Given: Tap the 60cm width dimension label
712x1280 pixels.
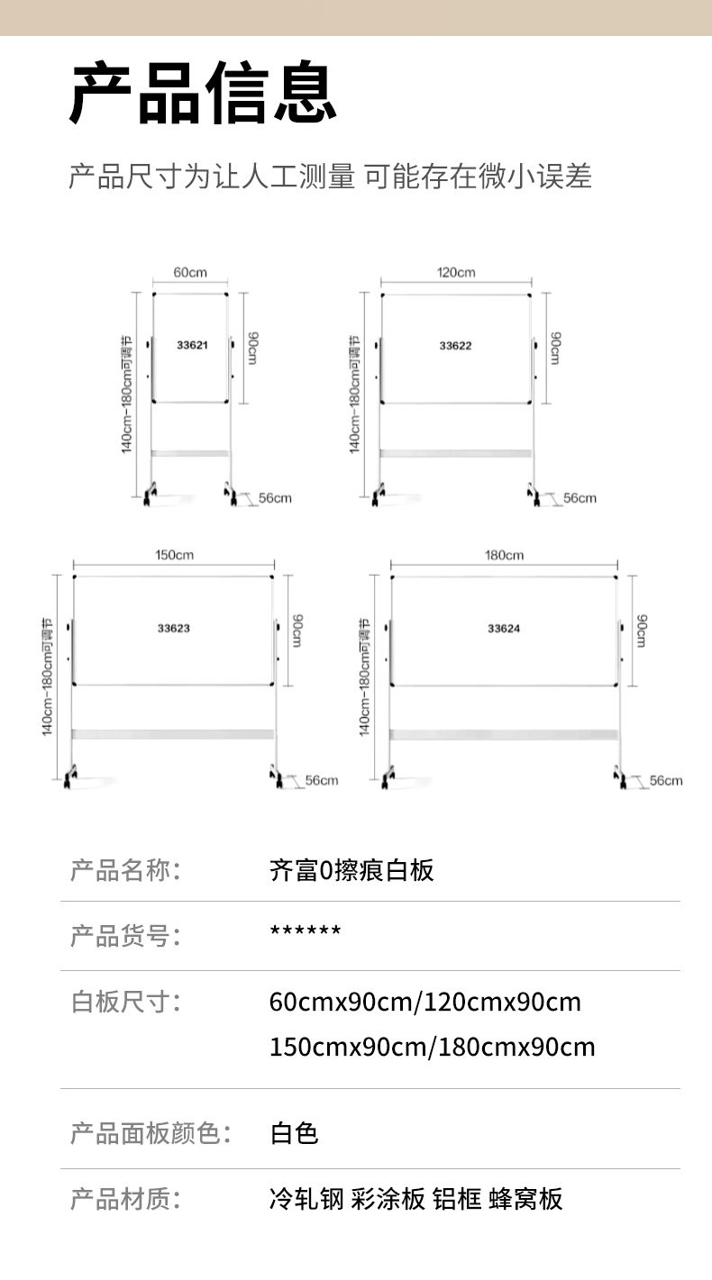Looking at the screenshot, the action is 190,272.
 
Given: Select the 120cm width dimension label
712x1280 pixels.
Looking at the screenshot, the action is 456,272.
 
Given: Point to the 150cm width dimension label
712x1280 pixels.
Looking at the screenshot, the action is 174,555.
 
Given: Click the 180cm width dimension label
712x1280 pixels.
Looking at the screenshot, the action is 504,555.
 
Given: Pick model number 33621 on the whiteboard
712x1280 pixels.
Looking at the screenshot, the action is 192,345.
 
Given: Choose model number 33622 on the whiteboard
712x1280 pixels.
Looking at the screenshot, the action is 455,345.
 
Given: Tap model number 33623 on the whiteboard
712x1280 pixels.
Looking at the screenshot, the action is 173,628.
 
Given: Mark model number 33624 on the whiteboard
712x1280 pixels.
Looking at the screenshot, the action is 504,628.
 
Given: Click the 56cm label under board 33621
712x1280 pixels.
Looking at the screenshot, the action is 275,498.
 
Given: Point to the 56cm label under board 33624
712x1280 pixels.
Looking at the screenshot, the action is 666,780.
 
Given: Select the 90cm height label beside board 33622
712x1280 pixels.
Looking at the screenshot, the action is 555,347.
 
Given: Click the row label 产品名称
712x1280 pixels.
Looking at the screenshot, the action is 125,870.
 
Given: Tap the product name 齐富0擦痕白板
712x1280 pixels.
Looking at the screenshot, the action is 351,870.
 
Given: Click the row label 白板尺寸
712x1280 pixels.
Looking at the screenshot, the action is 125,1001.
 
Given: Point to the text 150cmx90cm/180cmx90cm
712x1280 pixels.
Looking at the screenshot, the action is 433,1047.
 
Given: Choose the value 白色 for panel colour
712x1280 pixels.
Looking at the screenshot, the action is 295,1132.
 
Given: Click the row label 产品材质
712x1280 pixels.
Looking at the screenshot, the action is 125,1199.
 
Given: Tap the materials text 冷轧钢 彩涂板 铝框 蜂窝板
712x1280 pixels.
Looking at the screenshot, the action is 416,1199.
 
